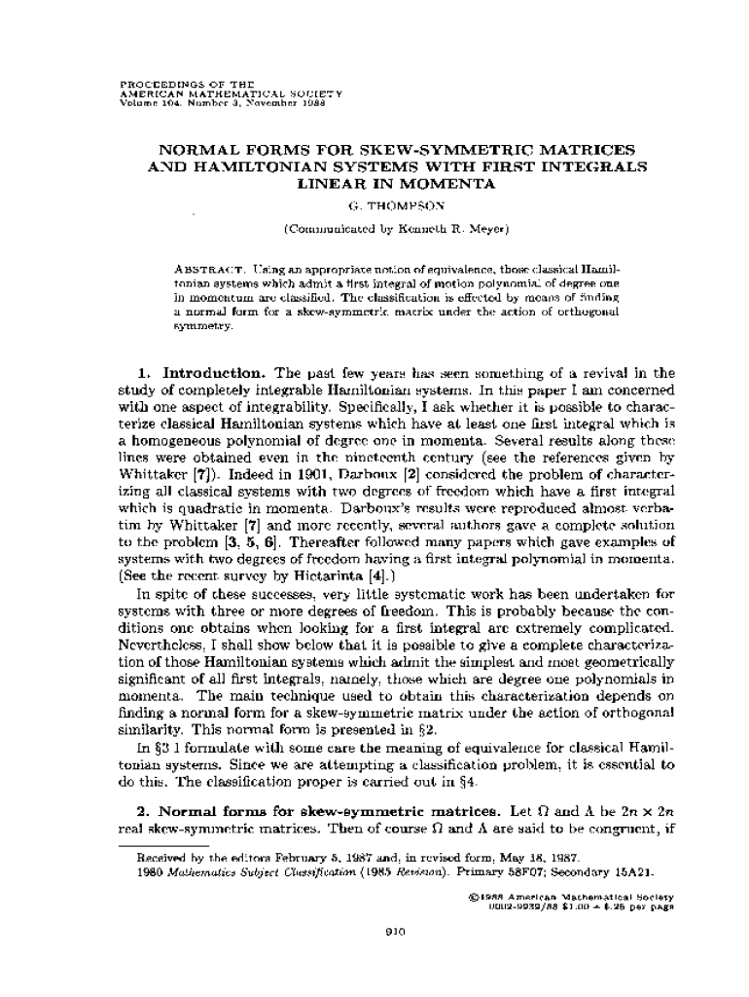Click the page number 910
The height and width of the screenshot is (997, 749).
point(394,932)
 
